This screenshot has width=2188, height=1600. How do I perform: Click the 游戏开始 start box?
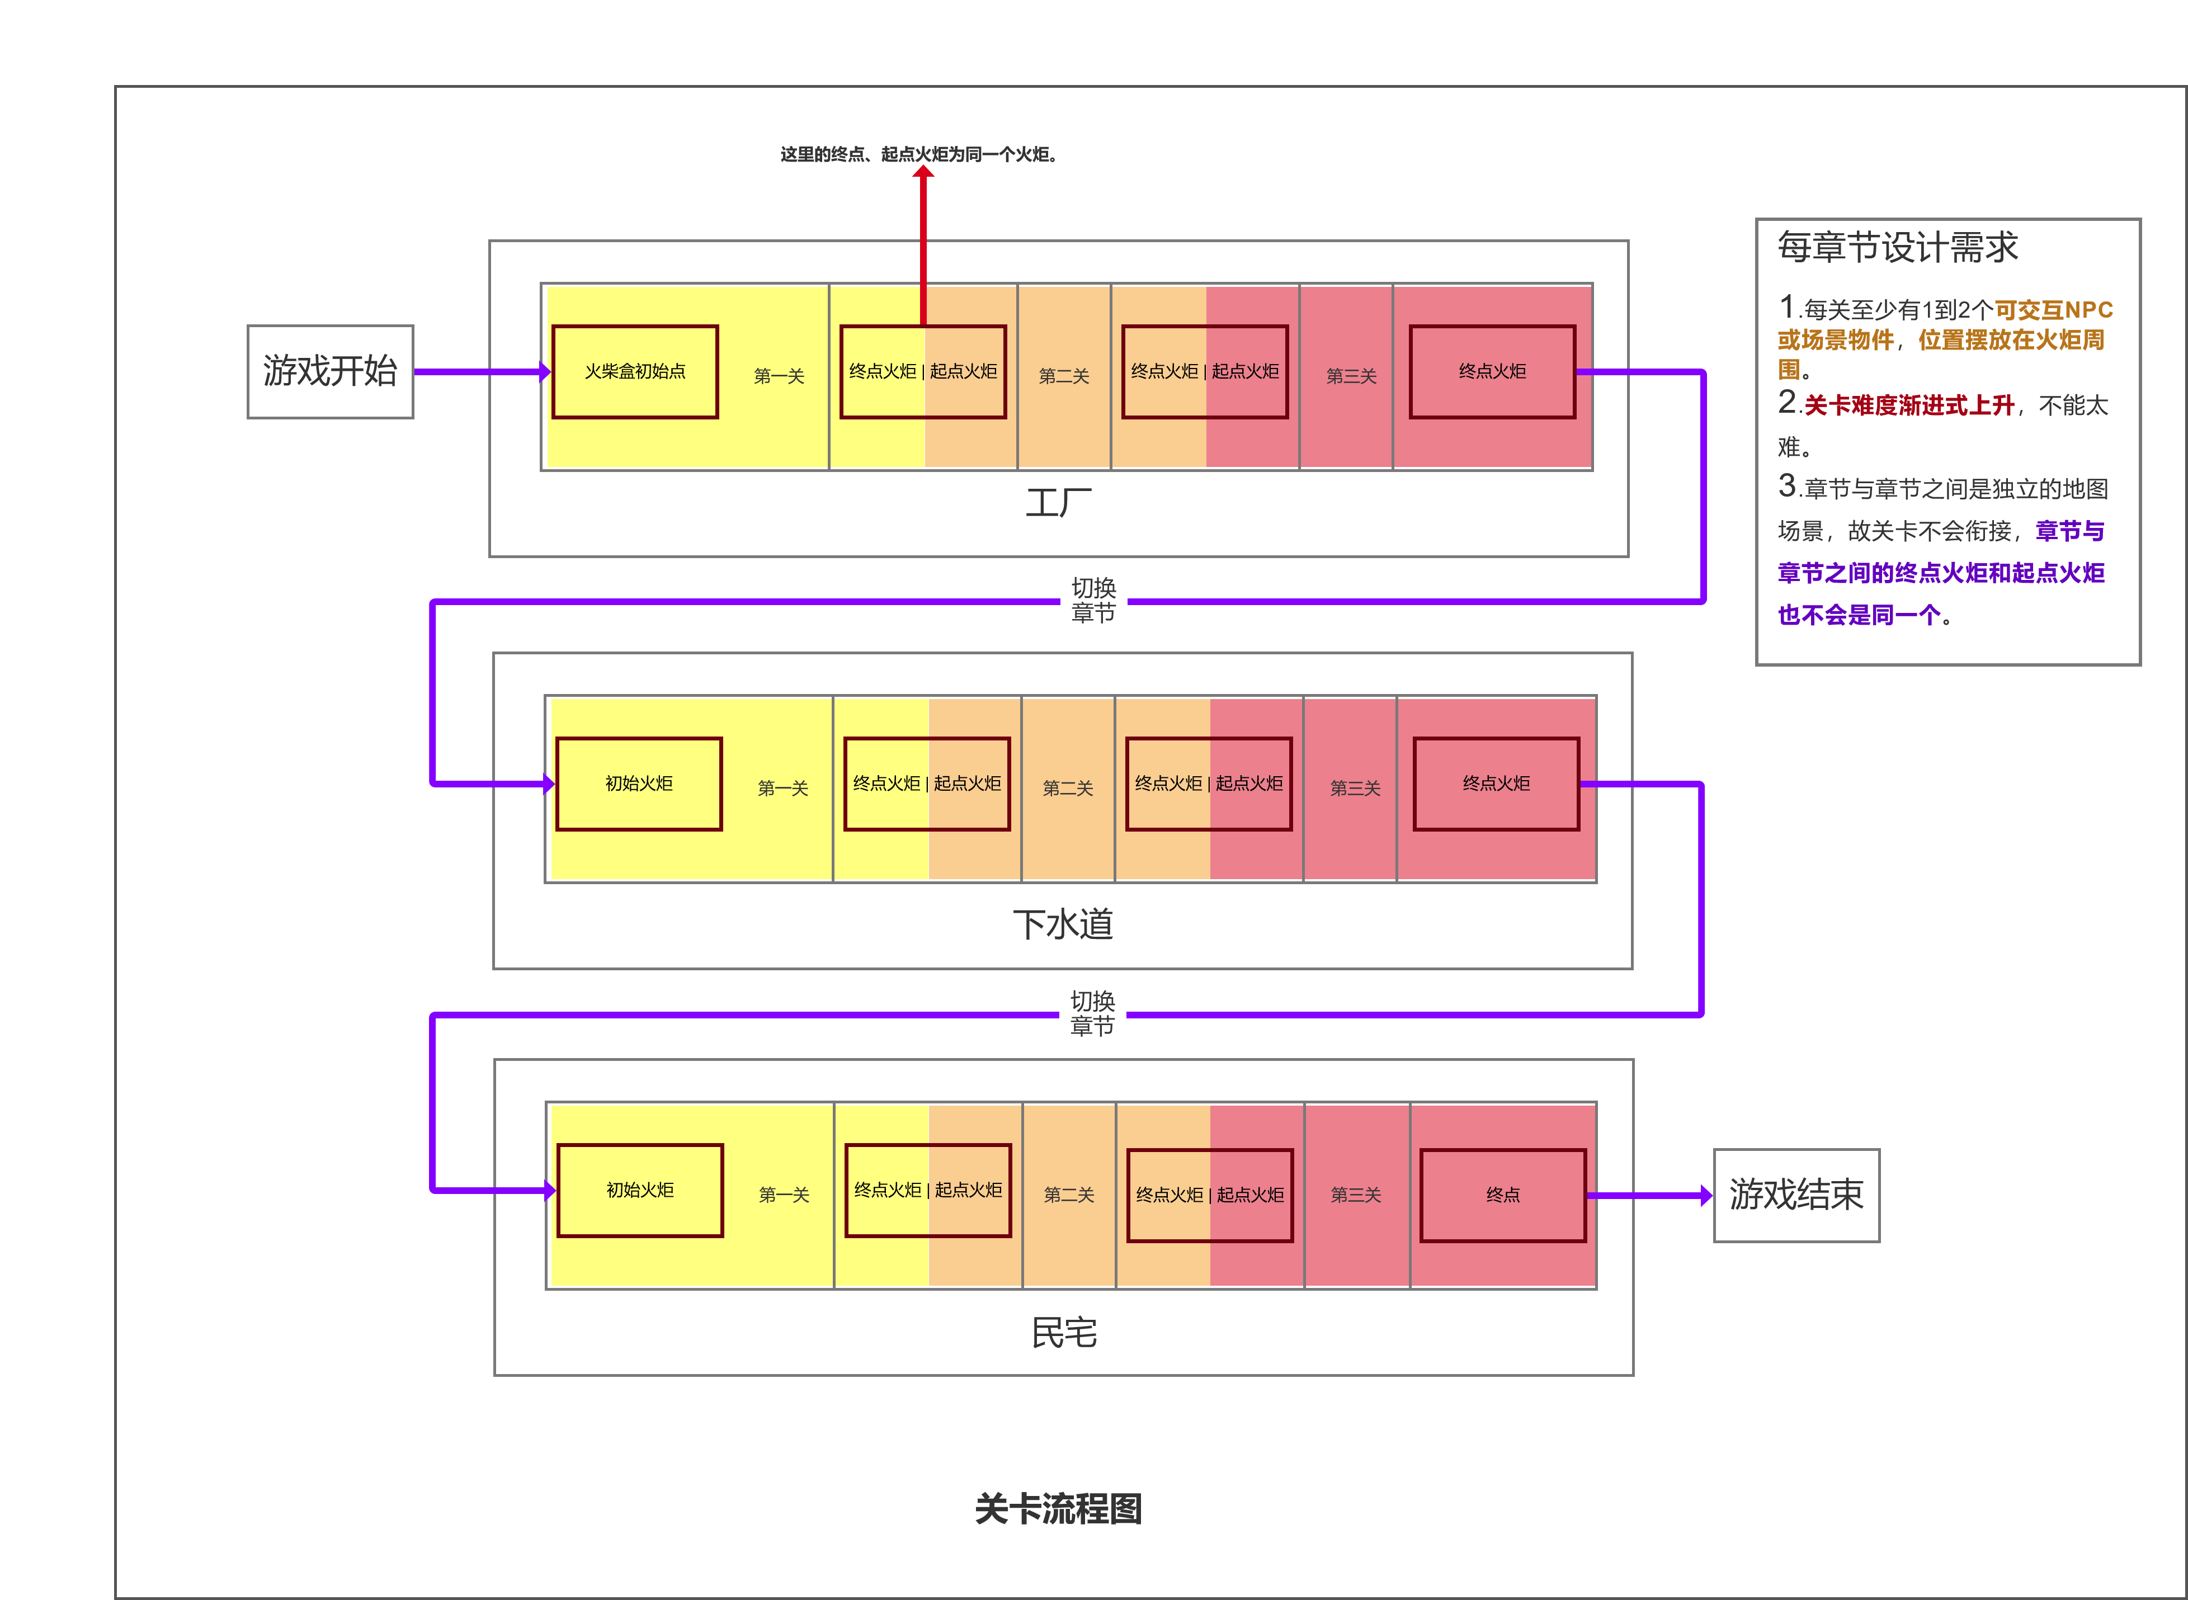[331, 372]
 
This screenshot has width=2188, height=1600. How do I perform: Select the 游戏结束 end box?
[1796, 1195]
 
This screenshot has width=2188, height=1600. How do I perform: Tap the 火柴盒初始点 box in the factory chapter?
[635, 372]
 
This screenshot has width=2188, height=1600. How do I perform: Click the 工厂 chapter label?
[1059, 503]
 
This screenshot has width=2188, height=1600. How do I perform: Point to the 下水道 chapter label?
[1063, 924]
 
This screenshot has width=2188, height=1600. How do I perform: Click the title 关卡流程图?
[1059, 1508]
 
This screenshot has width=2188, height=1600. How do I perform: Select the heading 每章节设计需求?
[1897, 247]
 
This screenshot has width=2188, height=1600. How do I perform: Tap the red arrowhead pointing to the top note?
[923, 172]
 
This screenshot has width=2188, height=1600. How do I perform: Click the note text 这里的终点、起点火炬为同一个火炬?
[918, 154]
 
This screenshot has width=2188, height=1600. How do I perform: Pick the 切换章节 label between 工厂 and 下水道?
[1093, 601]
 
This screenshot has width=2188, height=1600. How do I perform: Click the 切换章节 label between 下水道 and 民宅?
[1092, 1013]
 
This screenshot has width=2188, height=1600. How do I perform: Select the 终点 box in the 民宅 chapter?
[1503, 1195]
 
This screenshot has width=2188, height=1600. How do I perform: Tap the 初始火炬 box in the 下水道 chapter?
[639, 784]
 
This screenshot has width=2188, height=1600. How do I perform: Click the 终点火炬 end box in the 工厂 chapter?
[1493, 372]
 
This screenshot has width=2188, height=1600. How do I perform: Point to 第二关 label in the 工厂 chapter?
[1064, 376]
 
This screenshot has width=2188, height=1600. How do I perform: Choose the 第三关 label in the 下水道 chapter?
[1355, 789]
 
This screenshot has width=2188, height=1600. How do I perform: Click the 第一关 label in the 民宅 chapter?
[784, 1195]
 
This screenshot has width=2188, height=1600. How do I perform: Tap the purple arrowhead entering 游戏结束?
[1706, 1195]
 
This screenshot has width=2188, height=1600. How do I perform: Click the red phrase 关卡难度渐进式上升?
[1909, 406]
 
